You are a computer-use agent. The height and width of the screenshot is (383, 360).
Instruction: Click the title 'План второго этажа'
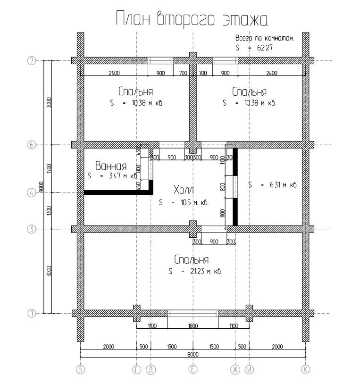tap(192, 19)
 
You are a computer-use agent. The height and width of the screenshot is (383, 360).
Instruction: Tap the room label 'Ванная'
tap(111, 166)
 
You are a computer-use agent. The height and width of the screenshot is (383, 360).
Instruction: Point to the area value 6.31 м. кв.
tap(284, 185)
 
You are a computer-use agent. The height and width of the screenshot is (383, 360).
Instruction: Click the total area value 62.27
tap(265, 47)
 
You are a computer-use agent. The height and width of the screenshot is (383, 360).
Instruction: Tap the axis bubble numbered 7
tap(31, 60)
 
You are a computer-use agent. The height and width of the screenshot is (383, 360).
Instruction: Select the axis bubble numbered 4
tap(31, 193)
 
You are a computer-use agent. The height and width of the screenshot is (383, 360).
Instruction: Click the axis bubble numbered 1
tap(31, 313)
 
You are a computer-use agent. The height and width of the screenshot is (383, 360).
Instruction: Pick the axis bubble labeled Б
tap(80, 370)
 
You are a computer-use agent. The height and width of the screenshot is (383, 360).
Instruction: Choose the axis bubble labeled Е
tap(193, 370)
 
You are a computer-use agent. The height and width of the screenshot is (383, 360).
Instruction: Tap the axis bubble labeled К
tap(305, 370)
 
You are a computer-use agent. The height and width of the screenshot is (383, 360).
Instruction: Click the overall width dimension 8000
tap(193, 354)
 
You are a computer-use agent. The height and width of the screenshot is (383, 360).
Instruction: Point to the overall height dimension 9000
tap(41, 187)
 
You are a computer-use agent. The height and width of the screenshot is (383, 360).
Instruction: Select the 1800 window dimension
tap(193, 326)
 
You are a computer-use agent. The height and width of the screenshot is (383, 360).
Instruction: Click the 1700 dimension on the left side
tap(49, 169)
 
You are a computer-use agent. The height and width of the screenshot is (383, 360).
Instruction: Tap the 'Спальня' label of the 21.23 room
tap(192, 259)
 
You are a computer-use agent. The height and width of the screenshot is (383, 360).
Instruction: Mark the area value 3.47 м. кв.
tap(123, 175)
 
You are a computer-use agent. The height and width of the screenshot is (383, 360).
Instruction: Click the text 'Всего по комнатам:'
tap(265, 38)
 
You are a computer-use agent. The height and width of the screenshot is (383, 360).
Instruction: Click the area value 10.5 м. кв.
tap(194, 202)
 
